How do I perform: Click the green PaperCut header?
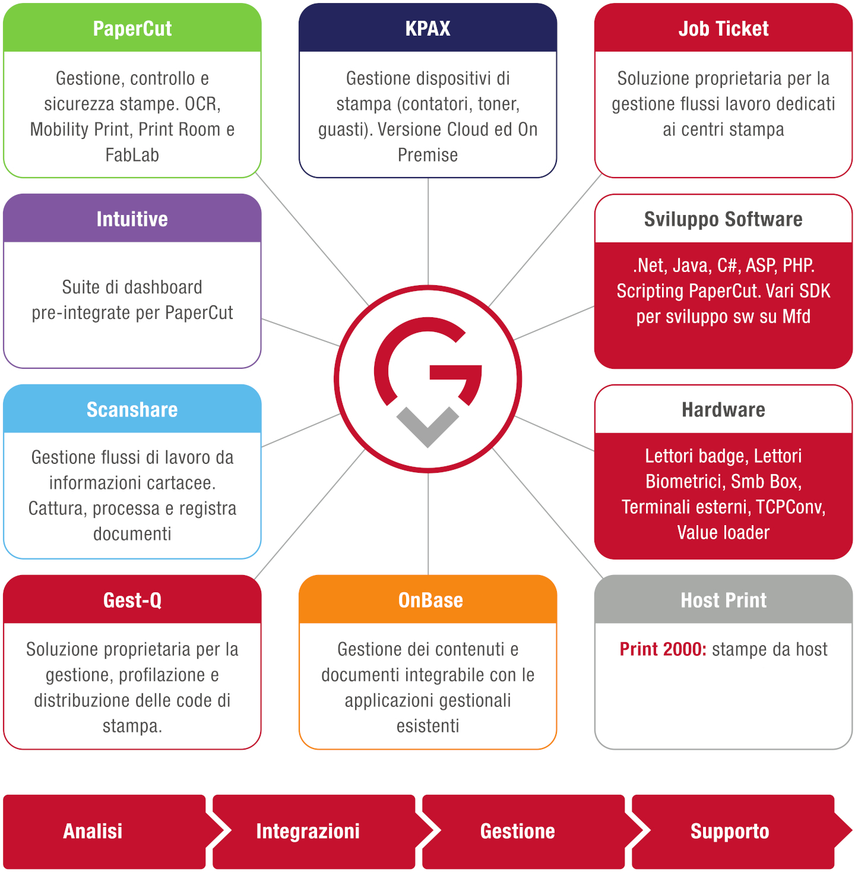[132, 28]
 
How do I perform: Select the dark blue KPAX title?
[427, 28]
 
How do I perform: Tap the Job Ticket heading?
[723, 28]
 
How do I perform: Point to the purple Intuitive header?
[132, 219]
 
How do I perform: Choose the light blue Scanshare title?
[132, 409]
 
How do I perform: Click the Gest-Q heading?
[132, 600]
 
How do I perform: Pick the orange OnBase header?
[427, 600]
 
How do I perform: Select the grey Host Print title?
[723, 600]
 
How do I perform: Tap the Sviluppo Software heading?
[723, 219]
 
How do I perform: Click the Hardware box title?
[723, 409]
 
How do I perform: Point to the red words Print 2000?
[663, 649]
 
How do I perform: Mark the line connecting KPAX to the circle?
[428, 231]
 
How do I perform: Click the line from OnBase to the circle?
[428, 524]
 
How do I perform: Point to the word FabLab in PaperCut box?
[132, 155]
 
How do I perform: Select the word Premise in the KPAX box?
[427, 155]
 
